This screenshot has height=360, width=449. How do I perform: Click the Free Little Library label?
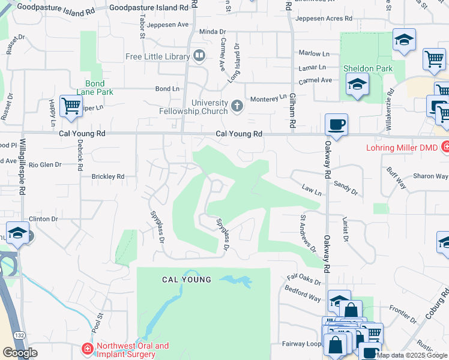tap(158, 57)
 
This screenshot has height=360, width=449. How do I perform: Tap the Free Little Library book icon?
tap(199, 57)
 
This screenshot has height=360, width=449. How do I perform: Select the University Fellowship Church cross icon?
tap(237, 107)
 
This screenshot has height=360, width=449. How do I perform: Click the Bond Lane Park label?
tap(95, 88)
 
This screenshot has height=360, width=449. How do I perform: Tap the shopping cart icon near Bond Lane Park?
tap(71, 106)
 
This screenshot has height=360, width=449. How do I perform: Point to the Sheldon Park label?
tap(368, 68)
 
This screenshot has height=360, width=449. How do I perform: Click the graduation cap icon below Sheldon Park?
tap(357, 85)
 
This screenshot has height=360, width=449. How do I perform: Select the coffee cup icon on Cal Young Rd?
tap(336, 125)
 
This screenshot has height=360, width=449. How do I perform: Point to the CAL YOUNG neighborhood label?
tap(187, 280)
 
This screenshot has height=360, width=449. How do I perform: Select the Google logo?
tap(20, 353)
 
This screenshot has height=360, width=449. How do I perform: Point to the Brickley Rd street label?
tap(107, 176)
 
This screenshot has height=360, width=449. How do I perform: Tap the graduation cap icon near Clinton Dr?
tap(17, 233)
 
